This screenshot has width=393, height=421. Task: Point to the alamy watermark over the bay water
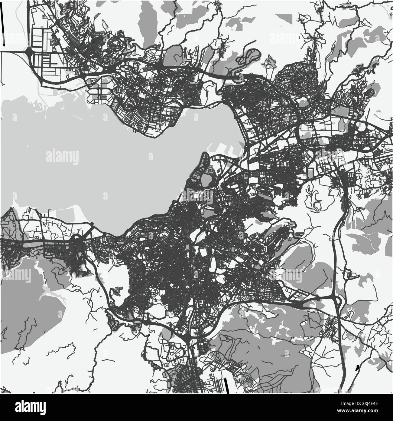pyautogui.click(x=62, y=157)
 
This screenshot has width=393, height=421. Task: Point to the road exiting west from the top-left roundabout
pyautogui.click(x=12, y=52)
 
